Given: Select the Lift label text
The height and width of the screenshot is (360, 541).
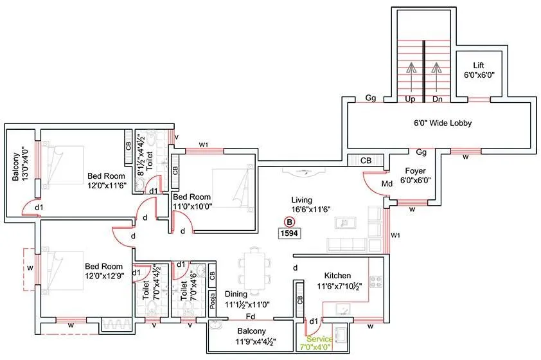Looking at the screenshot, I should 478,66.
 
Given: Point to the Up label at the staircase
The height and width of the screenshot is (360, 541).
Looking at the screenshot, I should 409,99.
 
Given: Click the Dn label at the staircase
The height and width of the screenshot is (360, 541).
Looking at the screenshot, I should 438,99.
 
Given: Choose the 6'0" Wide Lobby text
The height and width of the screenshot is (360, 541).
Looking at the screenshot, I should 443,123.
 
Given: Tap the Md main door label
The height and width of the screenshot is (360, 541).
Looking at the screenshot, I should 387,184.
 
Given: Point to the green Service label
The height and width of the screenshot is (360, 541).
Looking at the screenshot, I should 319,339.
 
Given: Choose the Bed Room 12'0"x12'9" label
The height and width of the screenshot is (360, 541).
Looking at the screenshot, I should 103,266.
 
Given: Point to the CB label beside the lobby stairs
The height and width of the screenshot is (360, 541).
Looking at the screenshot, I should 366,160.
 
